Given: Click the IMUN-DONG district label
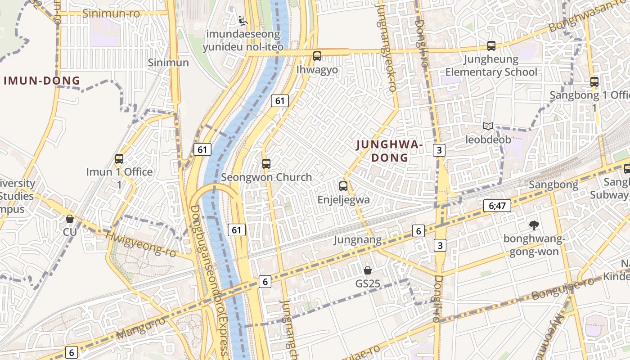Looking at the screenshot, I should point(42,81).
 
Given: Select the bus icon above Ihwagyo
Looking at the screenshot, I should point(317,56).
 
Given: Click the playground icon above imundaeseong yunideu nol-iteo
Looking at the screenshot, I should point(243,20).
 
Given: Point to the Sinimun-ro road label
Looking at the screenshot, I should point(111,13).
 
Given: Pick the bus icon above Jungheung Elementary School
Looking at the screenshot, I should point(491,46).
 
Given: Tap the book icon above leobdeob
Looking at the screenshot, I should point(488,126).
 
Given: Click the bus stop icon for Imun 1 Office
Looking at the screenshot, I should point(119,159).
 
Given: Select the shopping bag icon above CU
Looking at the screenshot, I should point(70,219).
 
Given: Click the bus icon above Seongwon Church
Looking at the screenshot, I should point(266,164).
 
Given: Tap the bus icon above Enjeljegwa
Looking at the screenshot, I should point(343,186).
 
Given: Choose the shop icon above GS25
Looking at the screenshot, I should point(368,270).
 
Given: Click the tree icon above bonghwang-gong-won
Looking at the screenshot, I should point(534,225).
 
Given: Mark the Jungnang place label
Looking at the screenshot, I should point(357,240).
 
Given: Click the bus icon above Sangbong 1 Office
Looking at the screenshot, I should point(594,82).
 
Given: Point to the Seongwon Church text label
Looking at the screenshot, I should point(266,177).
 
